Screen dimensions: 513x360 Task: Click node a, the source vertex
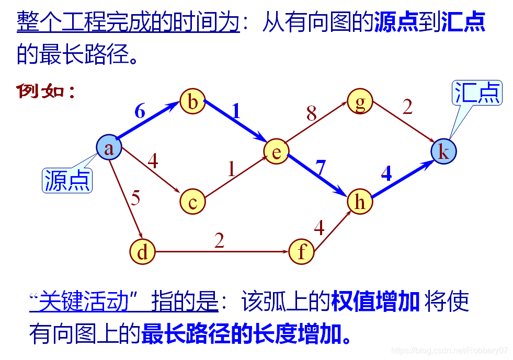pos(109,148)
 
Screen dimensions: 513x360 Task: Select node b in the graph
pos(192,102)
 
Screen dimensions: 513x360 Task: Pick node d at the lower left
pos(142,252)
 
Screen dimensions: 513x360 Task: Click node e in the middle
pos(276,152)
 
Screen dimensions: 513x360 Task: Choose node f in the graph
pos(302,252)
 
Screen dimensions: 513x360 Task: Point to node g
pos(360,102)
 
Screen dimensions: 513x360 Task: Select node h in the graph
pos(360,202)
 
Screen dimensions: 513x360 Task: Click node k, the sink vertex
pos(443,152)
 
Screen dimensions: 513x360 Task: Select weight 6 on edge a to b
pos(140,111)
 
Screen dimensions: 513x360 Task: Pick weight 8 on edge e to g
pos(312,113)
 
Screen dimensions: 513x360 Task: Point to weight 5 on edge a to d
pos(135,199)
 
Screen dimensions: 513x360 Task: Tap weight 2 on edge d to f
pos(219,240)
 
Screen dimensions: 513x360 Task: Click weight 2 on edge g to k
pos(407,107)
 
